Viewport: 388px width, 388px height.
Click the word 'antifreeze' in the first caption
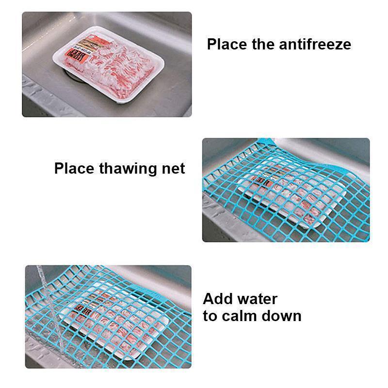[315, 44]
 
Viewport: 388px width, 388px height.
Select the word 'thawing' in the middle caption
[129, 169]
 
